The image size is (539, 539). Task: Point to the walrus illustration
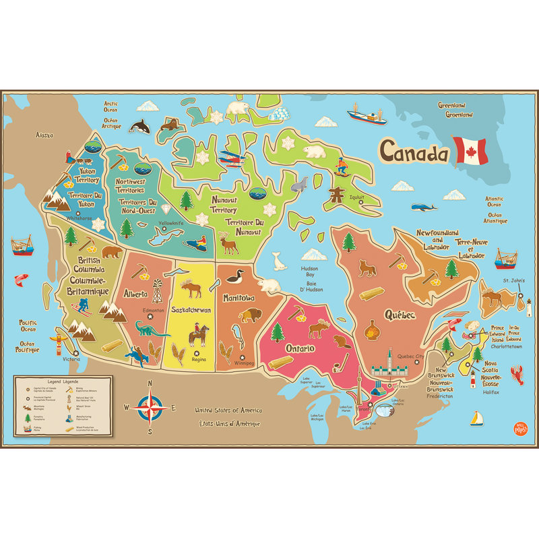[169, 125]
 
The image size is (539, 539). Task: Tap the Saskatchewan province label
[191, 310]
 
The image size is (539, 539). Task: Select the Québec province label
[399, 315]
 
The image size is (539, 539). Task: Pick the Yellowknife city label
[170, 223]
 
